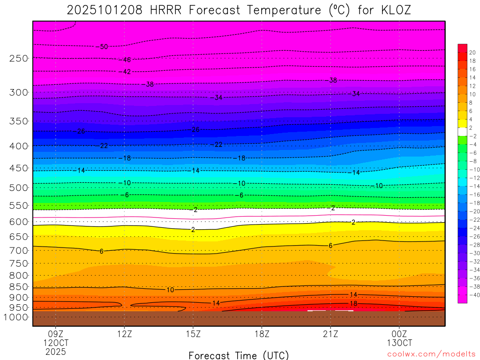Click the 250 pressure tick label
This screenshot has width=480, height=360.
point(19,58)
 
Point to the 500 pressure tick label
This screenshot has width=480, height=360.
point(19,187)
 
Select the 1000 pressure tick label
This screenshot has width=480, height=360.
point(16,317)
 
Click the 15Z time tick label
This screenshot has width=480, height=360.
point(193,334)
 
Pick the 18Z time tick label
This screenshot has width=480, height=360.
point(262,334)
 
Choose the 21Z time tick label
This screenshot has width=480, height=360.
point(330,334)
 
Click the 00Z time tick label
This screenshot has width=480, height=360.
point(399,334)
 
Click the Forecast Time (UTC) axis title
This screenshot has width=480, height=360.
point(239,355)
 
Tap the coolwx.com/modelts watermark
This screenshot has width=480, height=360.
point(431,353)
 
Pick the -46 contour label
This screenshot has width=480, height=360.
point(126,60)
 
